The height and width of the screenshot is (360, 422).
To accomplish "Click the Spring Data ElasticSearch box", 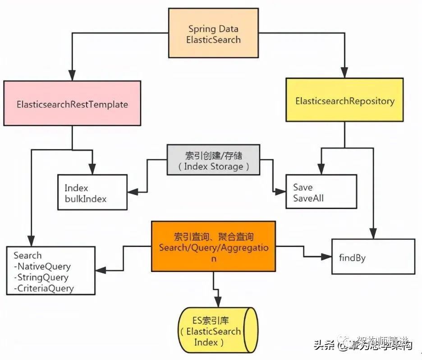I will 214,34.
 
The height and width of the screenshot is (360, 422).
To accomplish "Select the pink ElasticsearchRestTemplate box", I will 72,104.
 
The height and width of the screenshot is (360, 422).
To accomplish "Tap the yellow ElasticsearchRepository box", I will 344,101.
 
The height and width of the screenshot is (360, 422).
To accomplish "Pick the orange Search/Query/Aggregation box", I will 213,246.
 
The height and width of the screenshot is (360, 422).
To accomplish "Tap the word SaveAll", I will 308,198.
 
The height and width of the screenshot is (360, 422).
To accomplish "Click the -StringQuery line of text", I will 41,277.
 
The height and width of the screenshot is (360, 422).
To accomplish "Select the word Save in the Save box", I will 303,187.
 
